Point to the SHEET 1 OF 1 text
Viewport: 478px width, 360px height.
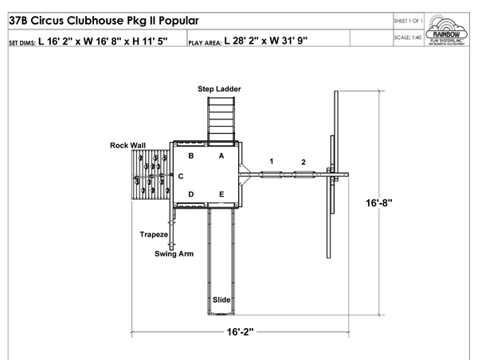point(409,19)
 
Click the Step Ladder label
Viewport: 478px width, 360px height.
point(219,88)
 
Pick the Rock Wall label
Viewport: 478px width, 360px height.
point(127,145)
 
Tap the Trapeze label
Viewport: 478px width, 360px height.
point(152,235)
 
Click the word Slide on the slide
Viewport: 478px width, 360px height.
point(221,299)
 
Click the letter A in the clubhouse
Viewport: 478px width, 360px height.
point(222,156)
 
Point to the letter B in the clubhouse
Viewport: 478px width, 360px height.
point(191,156)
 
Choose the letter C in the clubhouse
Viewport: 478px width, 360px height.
point(181,175)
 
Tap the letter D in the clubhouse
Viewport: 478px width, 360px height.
point(191,194)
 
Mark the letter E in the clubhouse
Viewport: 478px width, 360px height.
point(222,194)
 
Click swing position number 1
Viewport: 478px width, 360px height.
point(272,162)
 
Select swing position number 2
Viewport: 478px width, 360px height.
point(303,162)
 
